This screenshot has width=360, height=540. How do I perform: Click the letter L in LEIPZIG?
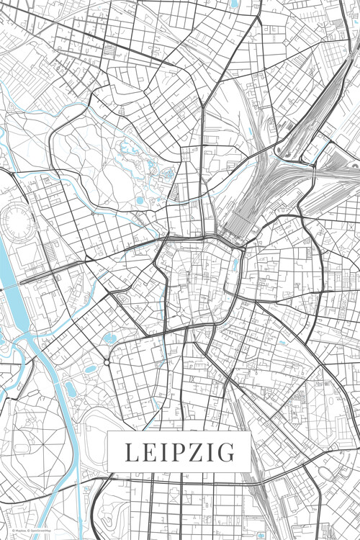130,452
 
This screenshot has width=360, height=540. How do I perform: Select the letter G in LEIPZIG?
226,452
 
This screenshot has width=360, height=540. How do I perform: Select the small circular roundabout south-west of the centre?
107,362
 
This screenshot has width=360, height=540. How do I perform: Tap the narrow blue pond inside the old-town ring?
235,264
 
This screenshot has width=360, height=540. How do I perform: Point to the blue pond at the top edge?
235,4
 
